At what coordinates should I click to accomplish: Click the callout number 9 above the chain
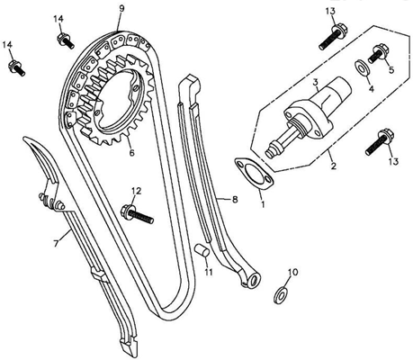(x=121, y=8)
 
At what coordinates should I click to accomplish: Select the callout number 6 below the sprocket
(x=131, y=153)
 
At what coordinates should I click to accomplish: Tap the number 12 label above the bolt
(x=136, y=191)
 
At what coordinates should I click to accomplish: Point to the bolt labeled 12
(x=137, y=214)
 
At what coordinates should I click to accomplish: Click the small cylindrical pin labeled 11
(x=202, y=250)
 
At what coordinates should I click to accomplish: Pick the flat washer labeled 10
(x=281, y=295)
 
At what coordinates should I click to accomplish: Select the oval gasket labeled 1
(x=254, y=174)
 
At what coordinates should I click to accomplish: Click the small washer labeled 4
(x=363, y=68)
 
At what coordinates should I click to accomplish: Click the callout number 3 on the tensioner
(x=315, y=82)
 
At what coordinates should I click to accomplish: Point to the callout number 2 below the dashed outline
(x=333, y=166)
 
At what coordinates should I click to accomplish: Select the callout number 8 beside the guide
(x=235, y=199)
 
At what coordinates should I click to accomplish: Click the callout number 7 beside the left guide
(x=56, y=244)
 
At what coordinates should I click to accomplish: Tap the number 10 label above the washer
(x=293, y=272)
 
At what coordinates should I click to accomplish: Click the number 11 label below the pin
(x=209, y=272)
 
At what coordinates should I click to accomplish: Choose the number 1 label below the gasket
(x=263, y=204)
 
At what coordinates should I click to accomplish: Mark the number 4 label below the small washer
(x=372, y=89)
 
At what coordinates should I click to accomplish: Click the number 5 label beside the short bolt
(x=391, y=70)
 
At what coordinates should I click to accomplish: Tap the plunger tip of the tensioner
(x=269, y=153)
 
